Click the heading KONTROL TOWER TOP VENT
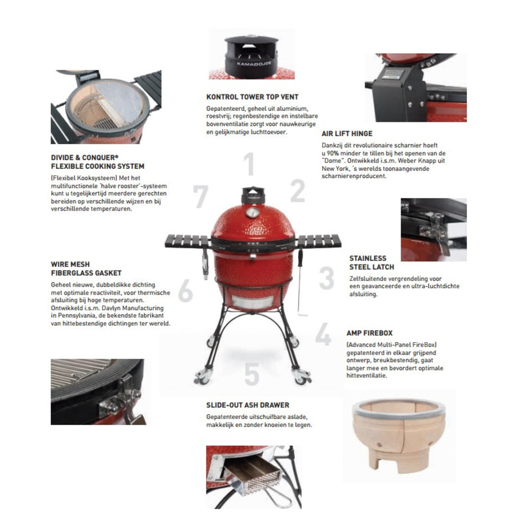[252, 97]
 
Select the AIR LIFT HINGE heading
[347, 134]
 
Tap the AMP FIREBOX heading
[370, 333]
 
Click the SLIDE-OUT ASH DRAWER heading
[248, 405]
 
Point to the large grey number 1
[249, 164]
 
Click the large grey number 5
[252, 374]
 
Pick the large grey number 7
[200, 196]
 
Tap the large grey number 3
[327, 278]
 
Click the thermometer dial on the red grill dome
[252, 212]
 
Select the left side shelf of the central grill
[188, 241]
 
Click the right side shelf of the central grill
[318, 241]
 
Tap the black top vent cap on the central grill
[253, 196]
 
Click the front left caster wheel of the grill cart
[201, 377]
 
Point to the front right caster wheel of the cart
[302, 377]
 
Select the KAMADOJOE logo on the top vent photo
[254, 64]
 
